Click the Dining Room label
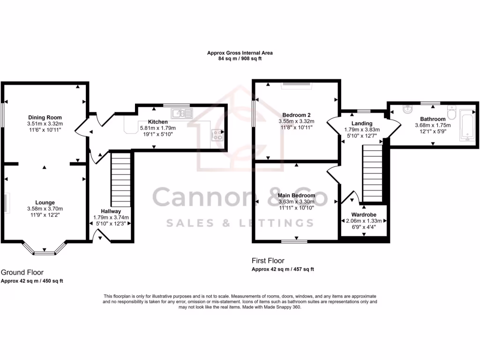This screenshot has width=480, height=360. click(x=45, y=117)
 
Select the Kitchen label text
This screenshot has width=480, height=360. click(x=157, y=122)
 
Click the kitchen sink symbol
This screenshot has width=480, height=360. click(x=181, y=113)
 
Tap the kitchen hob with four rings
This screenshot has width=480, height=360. click(x=218, y=135)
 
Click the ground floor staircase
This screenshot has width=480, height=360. click(x=120, y=178)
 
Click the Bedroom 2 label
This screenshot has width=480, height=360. click(x=296, y=115)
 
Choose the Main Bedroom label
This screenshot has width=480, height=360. click(x=296, y=195)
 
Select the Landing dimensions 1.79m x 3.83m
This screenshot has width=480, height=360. click(x=362, y=130)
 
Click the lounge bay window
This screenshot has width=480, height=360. click(x=45, y=251)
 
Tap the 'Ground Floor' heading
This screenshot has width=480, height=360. click(x=22, y=272)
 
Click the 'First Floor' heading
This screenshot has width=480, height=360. click(x=268, y=261)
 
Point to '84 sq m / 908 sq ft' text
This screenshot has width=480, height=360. click(x=240, y=60)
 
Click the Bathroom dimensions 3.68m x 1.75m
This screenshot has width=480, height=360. click(x=432, y=125)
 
